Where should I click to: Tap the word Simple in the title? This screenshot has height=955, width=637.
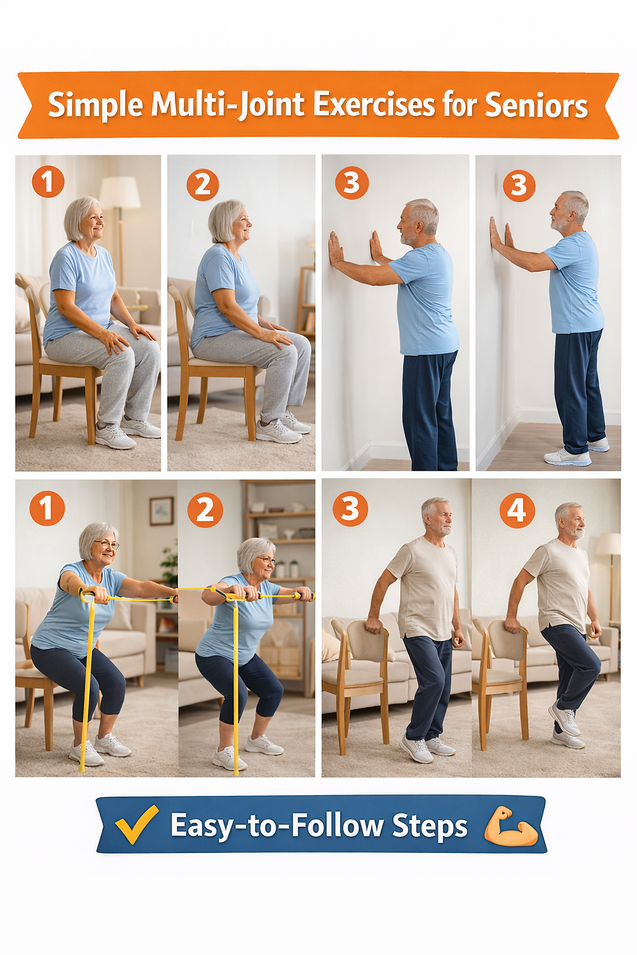(95, 105)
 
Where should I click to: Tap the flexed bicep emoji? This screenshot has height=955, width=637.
(512, 826)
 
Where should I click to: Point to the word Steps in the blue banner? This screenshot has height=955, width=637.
(430, 826)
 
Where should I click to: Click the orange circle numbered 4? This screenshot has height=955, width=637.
(517, 510)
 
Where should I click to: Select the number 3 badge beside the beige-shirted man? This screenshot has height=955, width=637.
(350, 509)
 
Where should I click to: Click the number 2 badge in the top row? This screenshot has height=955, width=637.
(203, 185)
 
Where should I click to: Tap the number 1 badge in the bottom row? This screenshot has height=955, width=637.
(47, 509)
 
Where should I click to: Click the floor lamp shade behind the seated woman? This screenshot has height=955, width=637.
(120, 192)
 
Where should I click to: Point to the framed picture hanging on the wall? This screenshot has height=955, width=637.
(161, 511)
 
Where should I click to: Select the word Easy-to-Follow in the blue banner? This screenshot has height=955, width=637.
(276, 826)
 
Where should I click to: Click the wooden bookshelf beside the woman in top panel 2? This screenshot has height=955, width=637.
(306, 299)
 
